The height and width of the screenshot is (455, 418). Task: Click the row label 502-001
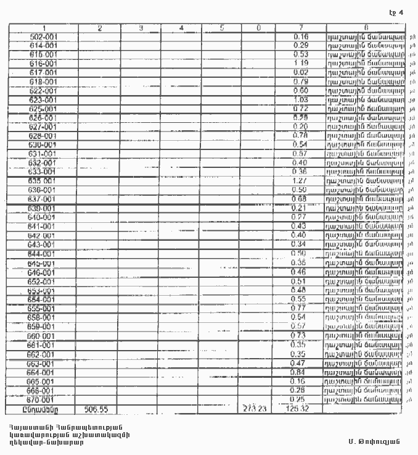pyautogui.click(x=43, y=36)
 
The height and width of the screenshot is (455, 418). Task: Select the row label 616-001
pyautogui.click(x=43, y=64)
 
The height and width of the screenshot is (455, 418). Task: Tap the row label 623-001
pyautogui.click(x=43, y=99)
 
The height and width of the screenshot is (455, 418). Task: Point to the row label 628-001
pyautogui.click(x=43, y=136)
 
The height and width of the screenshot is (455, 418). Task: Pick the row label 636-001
pyautogui.click(x=43, y=190)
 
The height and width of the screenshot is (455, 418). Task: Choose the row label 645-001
pyautogui.click(x=43, y=263)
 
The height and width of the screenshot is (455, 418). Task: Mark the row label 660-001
pyautogui.click(x=43, y=336)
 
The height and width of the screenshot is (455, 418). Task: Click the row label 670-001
pyautogui.click(x=43, y=399)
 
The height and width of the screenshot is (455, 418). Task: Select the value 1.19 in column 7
pyautogui.click(x=301, y=64)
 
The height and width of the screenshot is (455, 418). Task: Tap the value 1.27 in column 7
pyautogui.click(x=301, y=181)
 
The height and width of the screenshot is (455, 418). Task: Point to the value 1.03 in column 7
pyautogui.click(x=301, y=99)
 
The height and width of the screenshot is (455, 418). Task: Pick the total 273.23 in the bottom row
pyautogui.click(x=255, y=409)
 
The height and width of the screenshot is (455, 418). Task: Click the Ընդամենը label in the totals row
pyautogui.click(x=43, y=409)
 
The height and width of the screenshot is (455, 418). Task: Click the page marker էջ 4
pyautogui.click(x=396, y=12)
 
